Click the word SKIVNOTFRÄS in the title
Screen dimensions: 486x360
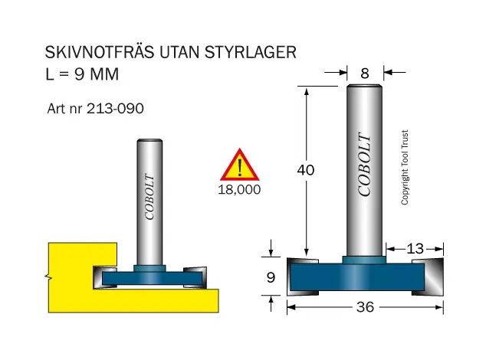click(x=100, y=51)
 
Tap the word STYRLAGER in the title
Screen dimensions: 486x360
click(x=251, y=52)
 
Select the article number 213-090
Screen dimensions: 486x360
click(x=115, y=109)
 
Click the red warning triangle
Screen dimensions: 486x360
click(x=240, y=165)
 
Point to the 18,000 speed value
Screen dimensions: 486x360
click(x=239, y=190)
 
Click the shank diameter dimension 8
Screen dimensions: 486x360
click(x=365, y=74)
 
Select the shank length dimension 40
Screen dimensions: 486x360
click(x=306, y=170)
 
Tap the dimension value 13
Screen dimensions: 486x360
click(x=415, y=248)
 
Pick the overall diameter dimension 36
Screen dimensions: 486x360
click(x=365, y=307)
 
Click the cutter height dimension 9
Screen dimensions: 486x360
click(x=271, y=277)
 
